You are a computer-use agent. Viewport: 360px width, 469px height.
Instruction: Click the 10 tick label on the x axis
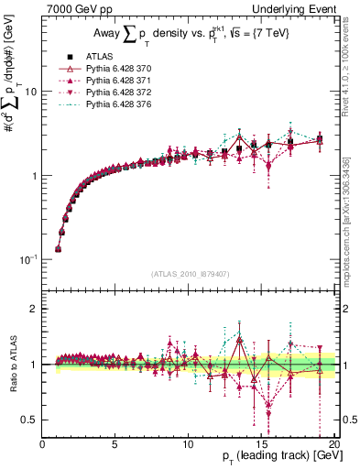tap(188, 445)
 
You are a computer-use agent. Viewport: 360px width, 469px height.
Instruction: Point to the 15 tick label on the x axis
tap(261, 445)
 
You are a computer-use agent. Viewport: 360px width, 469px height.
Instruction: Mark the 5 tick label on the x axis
tap(115, 445)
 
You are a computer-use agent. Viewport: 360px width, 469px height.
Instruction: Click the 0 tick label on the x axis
tap(43, 445)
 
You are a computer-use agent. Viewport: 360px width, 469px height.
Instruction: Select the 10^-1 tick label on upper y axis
tap(27, 260)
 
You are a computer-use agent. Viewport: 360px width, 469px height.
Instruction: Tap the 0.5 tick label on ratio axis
tap(27, 420)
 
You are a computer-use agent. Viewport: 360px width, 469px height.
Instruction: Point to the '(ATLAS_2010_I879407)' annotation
tap(190, 272)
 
